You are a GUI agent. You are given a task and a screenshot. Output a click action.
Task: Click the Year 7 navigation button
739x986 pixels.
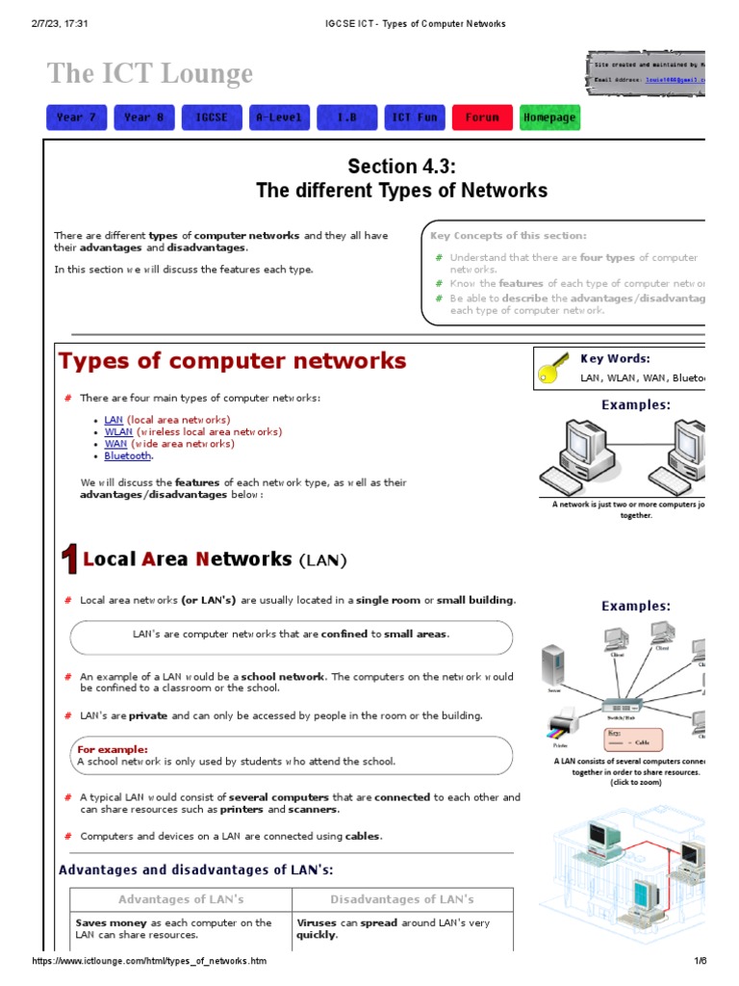tap(76, 117)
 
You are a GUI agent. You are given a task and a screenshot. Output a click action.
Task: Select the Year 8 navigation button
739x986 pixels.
tap(143, 117)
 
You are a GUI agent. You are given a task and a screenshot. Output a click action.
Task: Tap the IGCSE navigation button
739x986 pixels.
tap(211, 117)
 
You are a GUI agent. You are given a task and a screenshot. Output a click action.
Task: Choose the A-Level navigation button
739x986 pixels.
tap(279, 117)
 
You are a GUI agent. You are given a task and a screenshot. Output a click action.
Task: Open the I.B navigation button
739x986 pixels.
tap(346, 117)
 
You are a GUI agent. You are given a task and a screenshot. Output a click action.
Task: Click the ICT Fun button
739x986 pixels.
tap(414, 117)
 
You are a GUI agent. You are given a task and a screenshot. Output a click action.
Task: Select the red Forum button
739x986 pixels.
tap(482, 117)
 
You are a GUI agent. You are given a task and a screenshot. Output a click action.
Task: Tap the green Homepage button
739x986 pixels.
tap(549, 117)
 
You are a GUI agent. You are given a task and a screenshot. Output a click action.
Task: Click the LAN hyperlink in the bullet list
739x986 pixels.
tap(114, 421)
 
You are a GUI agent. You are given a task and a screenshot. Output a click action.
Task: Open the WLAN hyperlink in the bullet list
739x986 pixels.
tap(118, 432)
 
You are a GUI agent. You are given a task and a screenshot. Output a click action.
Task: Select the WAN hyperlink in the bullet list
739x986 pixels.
tap(115, 444)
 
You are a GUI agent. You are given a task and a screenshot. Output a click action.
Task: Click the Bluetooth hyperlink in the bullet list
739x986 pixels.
tap(128, 455)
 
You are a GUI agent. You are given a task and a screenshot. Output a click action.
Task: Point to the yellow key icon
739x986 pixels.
tap(555, 369)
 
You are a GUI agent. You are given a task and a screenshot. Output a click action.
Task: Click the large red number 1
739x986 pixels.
tap(69, 559)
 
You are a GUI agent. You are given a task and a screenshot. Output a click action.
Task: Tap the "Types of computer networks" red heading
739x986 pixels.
tap(233, 361)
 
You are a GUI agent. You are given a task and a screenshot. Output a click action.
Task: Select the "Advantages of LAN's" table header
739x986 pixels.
tap(181, 899)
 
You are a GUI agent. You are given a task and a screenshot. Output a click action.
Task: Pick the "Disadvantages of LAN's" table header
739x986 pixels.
tap(402, 899)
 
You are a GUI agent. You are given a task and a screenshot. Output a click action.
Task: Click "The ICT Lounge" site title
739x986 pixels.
tap(150, 73)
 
